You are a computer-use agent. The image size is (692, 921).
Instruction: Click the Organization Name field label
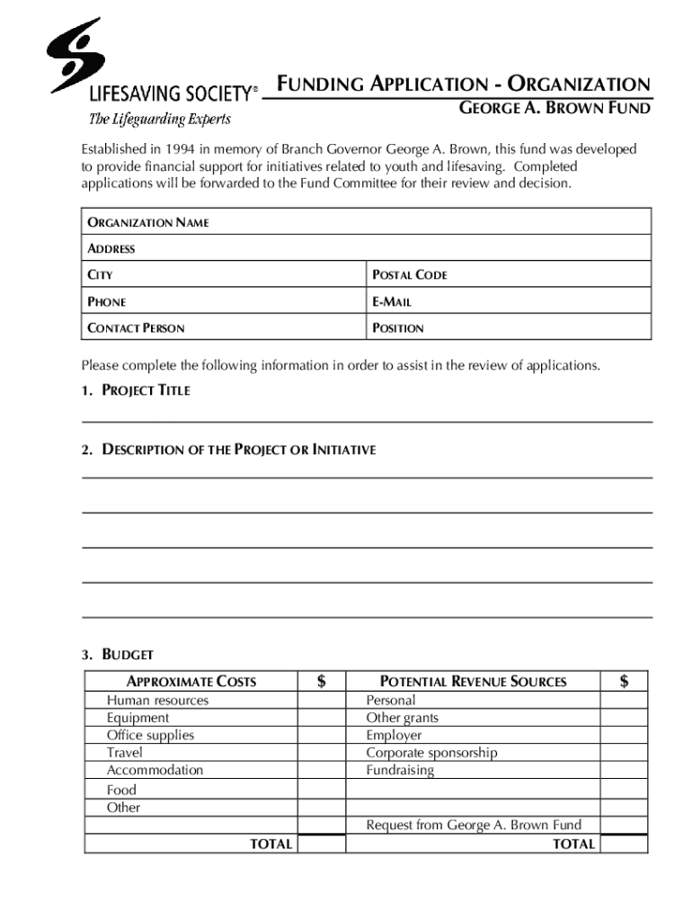coord(147,222)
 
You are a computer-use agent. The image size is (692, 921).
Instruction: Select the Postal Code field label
coord(409,275)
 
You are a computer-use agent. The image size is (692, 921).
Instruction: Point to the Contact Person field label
coord(136,328)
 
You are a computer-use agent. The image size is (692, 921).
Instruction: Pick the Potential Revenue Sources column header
coord(473,682)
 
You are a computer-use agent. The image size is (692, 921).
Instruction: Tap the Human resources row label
coord(157,701)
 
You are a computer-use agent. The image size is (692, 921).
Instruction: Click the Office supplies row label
coord(150,736)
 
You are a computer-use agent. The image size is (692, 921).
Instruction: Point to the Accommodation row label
coord(155,771)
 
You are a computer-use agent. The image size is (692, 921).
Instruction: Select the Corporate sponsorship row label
coord(431,753)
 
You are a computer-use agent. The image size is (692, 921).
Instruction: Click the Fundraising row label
coord(400,771)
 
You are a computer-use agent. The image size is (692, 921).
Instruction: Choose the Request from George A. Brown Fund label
coord(474,825)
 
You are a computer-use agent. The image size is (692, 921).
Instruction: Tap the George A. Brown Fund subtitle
coord(554,110)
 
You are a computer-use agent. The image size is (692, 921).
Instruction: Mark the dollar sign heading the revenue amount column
coord(624,682)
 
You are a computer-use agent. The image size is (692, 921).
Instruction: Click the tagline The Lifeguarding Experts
coord(159,119)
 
